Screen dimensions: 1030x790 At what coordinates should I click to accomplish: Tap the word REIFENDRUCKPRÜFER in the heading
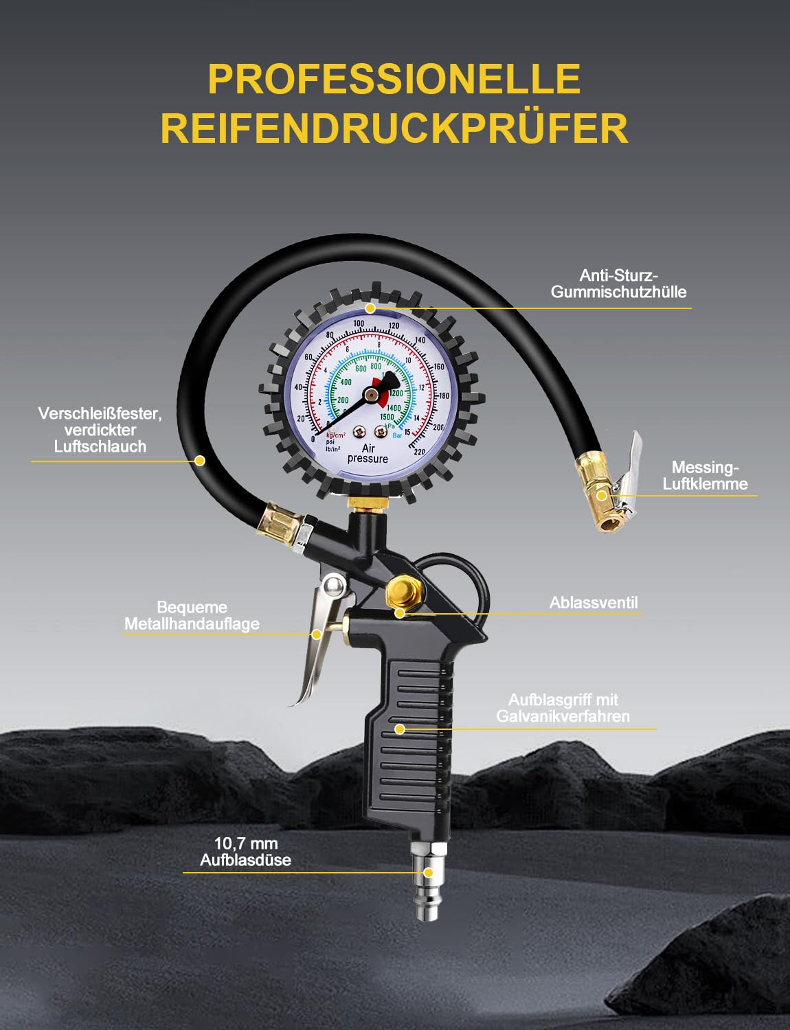[394, 128]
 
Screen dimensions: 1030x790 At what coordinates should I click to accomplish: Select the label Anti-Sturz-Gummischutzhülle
[618, 284]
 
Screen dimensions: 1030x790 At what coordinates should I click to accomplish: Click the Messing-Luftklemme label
[705, 475]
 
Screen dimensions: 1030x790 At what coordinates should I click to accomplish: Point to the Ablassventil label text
[594, 603]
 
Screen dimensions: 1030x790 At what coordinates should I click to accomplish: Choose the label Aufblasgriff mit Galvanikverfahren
[563, 708]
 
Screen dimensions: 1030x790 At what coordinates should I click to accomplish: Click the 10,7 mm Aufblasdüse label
[245, 851]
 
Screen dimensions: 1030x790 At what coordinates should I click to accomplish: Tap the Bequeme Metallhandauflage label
[192, 615]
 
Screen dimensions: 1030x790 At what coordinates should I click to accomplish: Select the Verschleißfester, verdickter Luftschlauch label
[100, 430]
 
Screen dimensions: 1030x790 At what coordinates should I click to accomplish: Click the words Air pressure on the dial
[368, 454]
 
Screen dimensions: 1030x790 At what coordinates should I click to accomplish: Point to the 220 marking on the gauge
[419, 451]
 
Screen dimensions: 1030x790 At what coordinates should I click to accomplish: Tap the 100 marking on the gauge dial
[359, 323]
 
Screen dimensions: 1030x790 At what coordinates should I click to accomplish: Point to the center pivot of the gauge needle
[370, 394]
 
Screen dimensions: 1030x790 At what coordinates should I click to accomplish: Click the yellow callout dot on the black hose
[200, 461]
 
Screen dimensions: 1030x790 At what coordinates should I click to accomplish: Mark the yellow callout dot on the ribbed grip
[399, 729]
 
